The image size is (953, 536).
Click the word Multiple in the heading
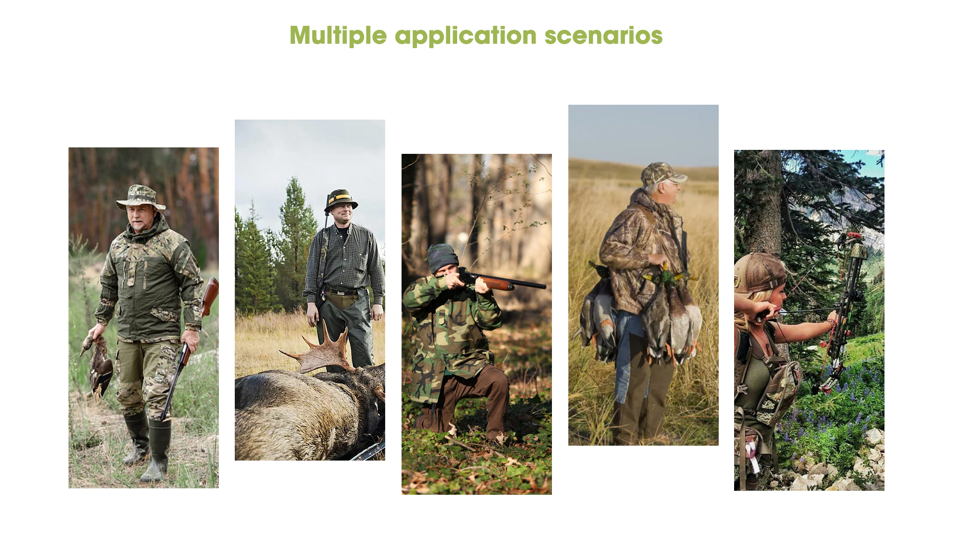point(338,36)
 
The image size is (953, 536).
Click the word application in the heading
point(466,36)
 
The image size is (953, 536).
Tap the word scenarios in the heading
point(604,36)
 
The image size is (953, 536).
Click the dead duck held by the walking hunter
point(100,365)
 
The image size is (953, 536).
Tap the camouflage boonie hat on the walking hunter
point(140,197)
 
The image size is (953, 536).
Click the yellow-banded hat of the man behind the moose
point(340,200)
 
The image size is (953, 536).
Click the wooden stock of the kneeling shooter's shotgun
point(496,283)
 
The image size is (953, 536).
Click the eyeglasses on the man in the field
point(673,183)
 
